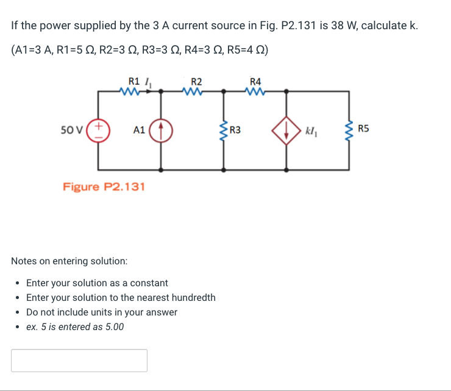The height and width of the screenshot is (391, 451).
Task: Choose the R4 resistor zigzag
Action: [x=255, y=92]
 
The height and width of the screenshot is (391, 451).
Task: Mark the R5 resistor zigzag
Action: [x=349, y=130]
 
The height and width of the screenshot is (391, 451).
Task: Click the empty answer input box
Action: [x=79, y=361]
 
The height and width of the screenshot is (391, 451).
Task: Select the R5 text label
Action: [x=364, y=129]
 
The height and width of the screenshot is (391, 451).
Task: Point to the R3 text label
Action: [x=235, y=129]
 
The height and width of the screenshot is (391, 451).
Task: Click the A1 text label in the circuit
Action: [x=139, y=130]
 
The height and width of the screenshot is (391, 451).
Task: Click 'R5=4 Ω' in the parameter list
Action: [x=245, y=50]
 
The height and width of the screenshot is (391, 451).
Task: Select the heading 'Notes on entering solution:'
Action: [x=69, y=261]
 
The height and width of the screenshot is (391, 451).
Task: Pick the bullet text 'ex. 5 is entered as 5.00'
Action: [x=75, y=327]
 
